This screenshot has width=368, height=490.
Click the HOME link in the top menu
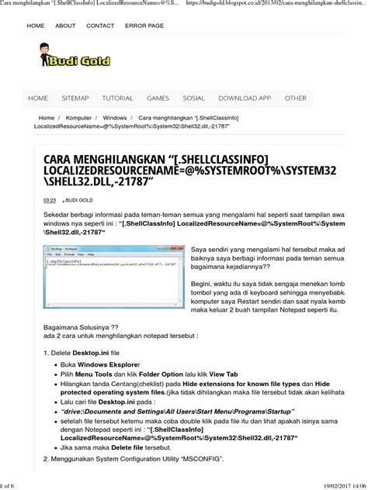point(36,26)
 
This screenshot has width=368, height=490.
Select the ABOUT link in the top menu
point(65,26)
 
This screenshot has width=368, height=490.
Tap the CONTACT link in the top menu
point(100,26)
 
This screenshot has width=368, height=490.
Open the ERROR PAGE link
point(144,26)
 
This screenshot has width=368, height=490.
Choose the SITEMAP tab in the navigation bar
point(75,98)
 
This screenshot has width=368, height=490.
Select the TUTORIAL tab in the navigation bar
point(117,98)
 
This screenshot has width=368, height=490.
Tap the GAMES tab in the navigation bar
point(158,98)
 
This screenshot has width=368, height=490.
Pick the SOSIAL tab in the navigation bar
point(193,98)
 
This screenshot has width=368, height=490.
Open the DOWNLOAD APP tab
point(245,98)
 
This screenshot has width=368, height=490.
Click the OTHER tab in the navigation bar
point(295,98)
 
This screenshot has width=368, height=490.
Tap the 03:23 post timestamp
point(49,200)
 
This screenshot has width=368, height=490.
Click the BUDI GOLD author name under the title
point(78,200)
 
